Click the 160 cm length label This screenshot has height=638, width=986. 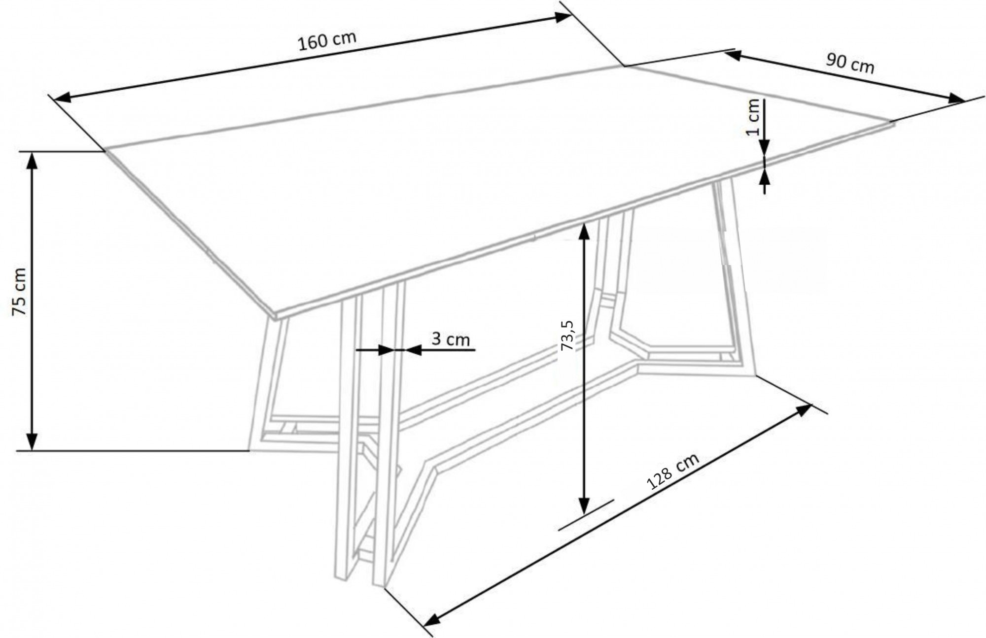[x=326, y=40]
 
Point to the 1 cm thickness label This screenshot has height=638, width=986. [x=753, y=117]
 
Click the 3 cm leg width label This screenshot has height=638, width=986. [x=451, y=339]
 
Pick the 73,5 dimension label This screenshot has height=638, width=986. [x=567, y=336]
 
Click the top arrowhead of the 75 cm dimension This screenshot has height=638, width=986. [x=32, y=160]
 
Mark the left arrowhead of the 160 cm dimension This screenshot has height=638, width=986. [x=62, y=98]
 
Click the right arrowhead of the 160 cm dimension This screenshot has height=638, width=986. [x=563, y=17]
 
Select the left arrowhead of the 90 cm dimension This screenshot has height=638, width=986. [x=733, y=55]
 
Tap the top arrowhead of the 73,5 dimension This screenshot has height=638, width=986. [x=584, y=231]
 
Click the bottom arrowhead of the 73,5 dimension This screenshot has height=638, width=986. [x=584, y=505]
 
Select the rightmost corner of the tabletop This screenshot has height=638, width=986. [x=893, y=123]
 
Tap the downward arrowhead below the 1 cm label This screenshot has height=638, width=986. [x=764, y=146]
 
